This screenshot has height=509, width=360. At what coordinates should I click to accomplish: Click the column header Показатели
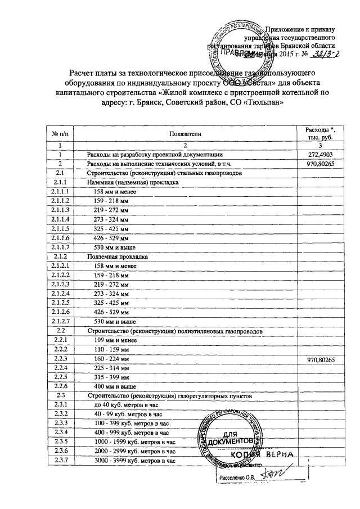(183, 133)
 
